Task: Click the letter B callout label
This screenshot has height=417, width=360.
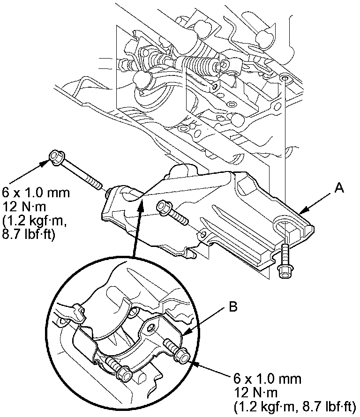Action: click(233, 308)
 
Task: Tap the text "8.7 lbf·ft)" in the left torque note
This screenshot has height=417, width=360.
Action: click(29, 234)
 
